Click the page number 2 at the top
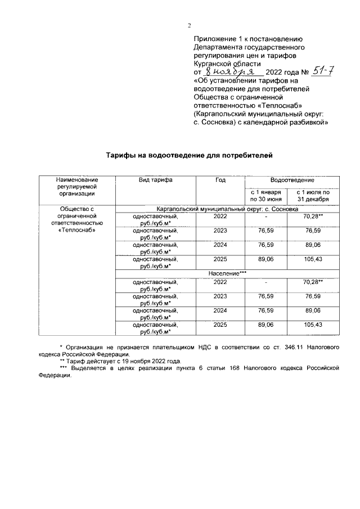point(190,25)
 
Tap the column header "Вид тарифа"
point(156,180)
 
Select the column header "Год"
point(220,180)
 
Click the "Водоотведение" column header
point(292,180)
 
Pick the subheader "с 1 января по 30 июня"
point(265,196)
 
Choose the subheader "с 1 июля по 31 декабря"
point(313,196)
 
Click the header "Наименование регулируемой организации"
point(77,186)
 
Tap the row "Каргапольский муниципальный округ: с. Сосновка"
point(228,208)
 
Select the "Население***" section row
point(228,273)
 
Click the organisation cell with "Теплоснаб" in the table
point(77,219)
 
